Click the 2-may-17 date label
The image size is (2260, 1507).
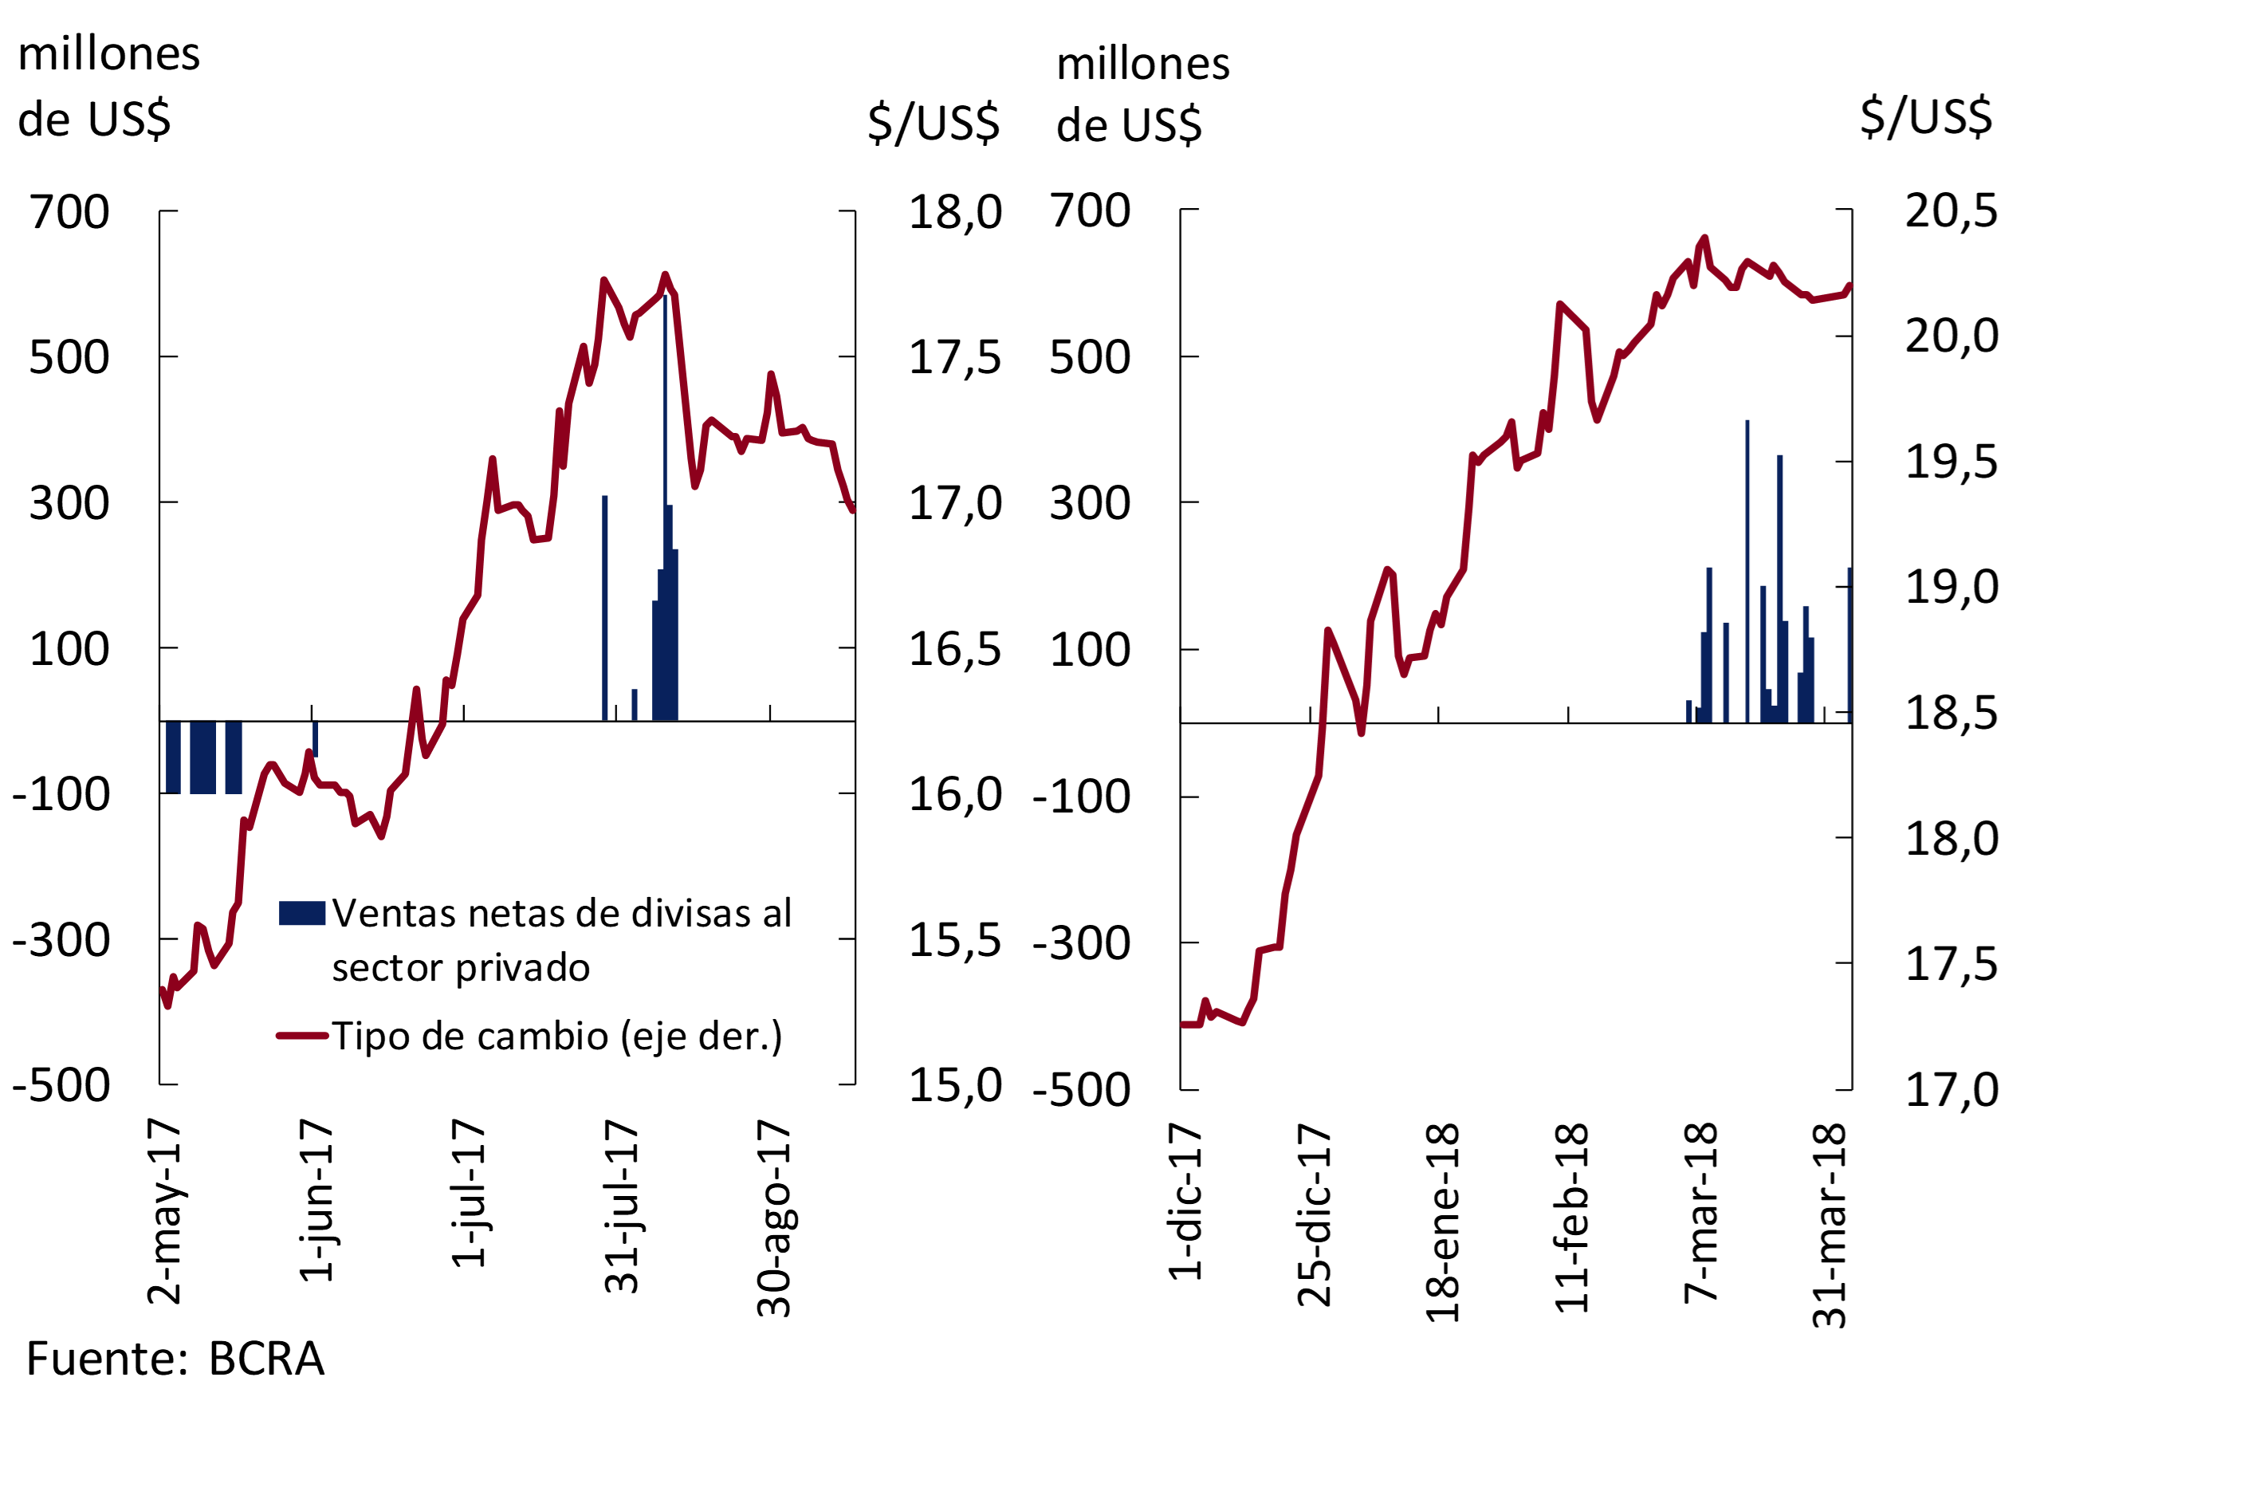164,1211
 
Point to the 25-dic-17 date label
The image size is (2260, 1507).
1315,1215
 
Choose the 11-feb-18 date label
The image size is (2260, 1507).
1572,1218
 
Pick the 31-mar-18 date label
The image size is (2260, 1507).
1830,1226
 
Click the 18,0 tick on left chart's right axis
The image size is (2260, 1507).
954,212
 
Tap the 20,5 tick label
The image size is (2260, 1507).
1951,211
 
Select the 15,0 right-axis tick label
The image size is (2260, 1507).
954,1085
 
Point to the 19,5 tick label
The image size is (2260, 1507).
1951,462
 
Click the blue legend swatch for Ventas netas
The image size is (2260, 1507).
301,913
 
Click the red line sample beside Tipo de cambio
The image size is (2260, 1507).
301,1036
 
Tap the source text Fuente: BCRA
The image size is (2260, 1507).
175,1359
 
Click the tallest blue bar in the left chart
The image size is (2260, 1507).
665,510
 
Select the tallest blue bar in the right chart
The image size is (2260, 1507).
1747,572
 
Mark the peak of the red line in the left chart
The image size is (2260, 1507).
665,275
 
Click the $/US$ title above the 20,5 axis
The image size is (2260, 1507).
1926,117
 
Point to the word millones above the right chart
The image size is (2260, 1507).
1142,65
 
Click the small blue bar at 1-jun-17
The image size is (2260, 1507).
315,738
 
